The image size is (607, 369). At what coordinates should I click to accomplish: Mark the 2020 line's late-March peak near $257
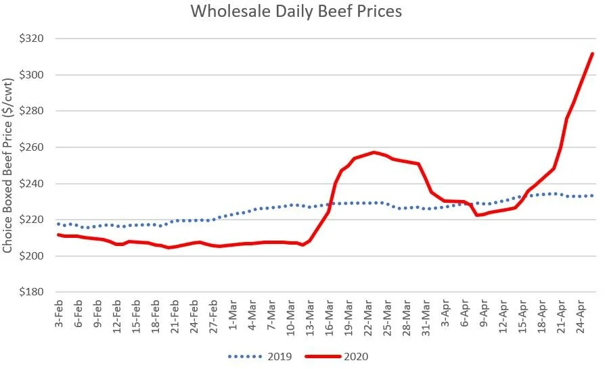click(x=374, y=152)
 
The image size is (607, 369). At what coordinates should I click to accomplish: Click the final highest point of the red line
click(x=593, y=53)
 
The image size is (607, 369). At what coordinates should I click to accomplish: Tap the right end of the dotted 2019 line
click(x=593, y=195)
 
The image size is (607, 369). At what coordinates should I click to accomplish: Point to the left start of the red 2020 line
click(x=58, y=235)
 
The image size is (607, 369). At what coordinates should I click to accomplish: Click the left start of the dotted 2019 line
click(x=58, y=224)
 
